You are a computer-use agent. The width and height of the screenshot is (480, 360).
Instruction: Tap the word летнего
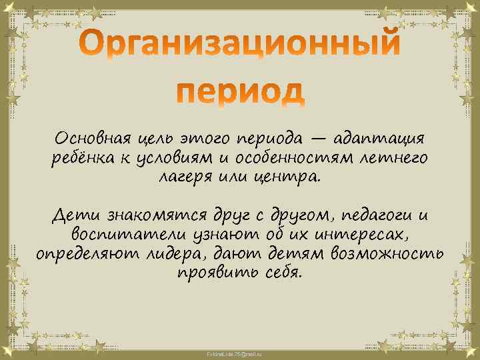point(394,159)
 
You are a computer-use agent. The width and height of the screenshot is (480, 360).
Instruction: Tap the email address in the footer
point(239,352)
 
